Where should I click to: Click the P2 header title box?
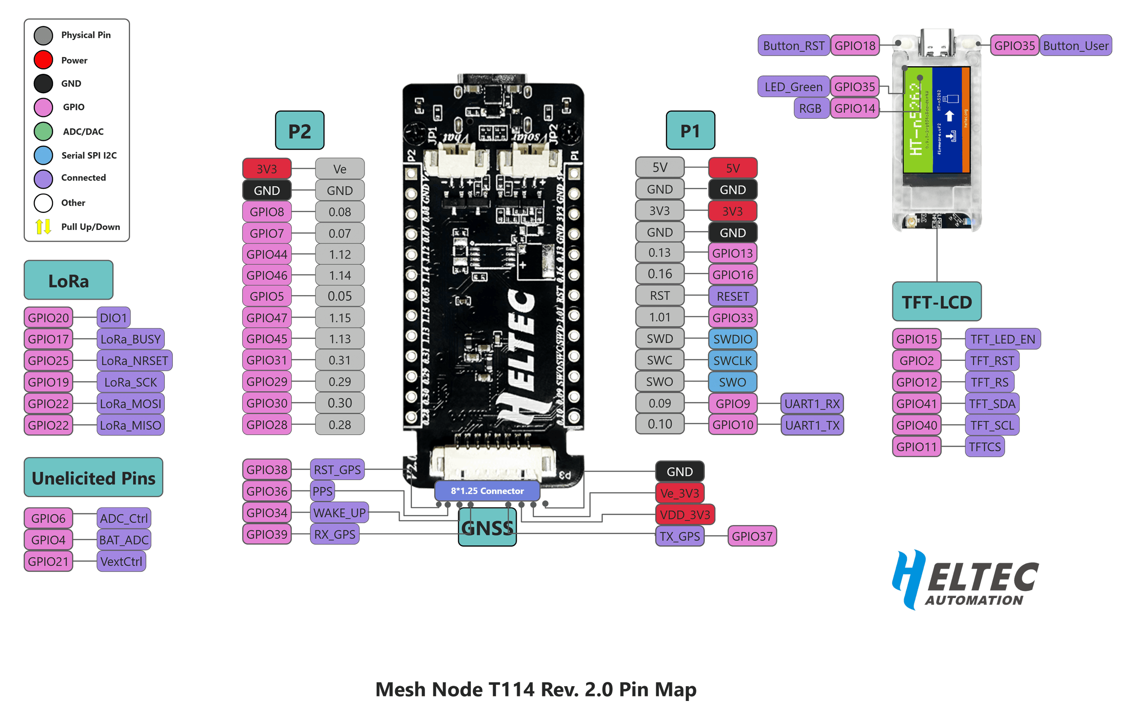click(300, 131)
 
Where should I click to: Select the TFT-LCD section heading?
click(936, 302)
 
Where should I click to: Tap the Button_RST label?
click(793, 46)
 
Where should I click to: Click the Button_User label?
click(1075, 46)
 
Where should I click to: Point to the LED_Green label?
click(793, 87)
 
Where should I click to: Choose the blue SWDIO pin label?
click(732, 339)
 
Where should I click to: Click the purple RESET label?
click(732, 297)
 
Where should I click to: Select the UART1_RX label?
click(812, 404)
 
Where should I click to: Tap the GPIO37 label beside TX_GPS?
click(752, 536)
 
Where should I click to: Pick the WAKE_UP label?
click(339, 513)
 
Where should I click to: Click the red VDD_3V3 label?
click(685, 515)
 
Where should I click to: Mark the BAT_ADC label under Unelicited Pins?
click(124, 540)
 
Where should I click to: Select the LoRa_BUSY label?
click(131, 339)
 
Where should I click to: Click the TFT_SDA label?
click(992, 404)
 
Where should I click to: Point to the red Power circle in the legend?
click(44, 60)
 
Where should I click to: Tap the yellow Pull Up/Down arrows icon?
click(44, 227)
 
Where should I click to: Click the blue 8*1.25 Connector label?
click(487, 491)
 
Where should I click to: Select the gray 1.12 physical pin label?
click(339, 254)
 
